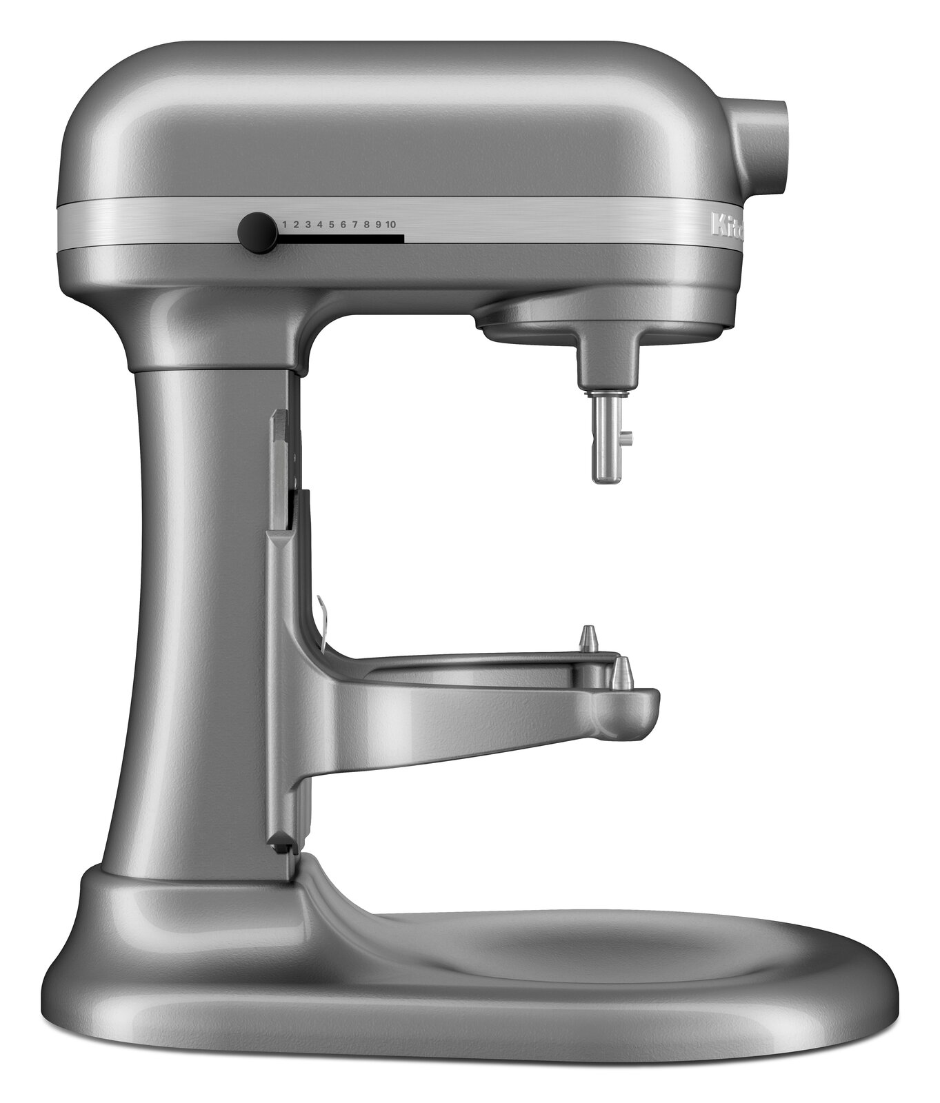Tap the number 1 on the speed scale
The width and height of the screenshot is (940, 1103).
coord(286,225)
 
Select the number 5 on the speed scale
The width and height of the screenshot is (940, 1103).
coord(331,225)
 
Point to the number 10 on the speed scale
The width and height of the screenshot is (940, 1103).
coord(391,225)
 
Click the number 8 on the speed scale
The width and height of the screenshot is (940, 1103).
coord(367,225)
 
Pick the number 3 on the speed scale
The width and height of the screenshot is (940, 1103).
coord(308,225)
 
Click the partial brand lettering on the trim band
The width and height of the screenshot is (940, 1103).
coord(728,227)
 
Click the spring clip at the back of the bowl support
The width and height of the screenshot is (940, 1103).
coord(321,618)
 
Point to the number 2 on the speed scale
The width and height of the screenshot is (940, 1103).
coord(297,225)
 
